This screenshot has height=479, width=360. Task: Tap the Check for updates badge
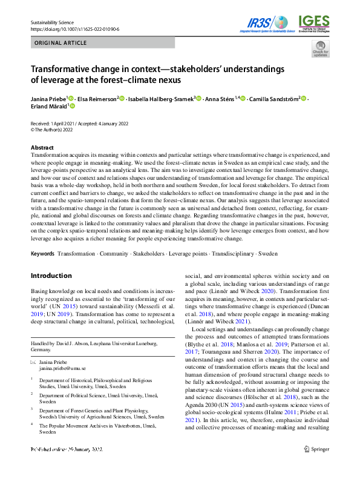320,49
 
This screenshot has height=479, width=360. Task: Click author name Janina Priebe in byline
48,98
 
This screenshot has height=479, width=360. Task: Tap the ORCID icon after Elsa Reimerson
122,98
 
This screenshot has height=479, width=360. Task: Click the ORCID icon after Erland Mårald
72,107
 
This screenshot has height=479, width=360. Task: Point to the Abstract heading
42,148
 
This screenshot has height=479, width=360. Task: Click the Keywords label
42,253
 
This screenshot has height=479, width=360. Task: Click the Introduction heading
51,276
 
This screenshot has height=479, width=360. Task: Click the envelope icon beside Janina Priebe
33,361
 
